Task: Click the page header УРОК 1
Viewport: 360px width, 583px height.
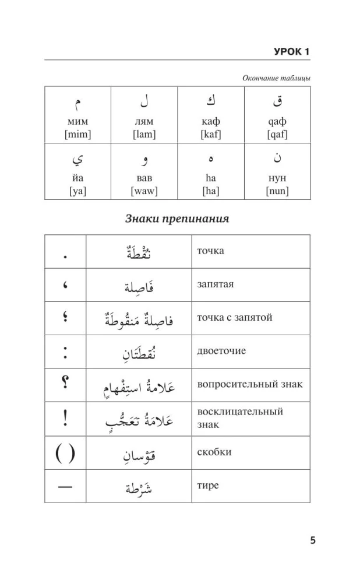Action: click(291, 52)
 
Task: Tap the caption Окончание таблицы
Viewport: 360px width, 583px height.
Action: click(276, 78)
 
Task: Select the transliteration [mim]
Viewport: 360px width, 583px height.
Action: click(78, 135)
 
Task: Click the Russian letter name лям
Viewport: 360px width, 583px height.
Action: click(144, 122)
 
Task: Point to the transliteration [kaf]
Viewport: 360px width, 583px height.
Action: click(211, 135)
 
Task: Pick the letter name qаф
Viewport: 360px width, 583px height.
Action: click(277, 122)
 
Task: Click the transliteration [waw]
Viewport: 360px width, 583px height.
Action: click(144, 191)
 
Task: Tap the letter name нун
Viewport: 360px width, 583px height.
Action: click(277, 178)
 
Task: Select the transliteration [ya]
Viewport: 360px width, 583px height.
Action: click(78, 191)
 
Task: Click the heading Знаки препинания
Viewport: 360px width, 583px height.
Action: click(177, 219)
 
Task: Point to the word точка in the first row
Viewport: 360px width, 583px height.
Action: click(210, 251)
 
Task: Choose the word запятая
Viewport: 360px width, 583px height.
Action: click(215, 284)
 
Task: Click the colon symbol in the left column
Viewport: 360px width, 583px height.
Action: click(65, 352)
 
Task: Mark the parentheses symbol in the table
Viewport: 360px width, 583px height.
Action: click(65, 452)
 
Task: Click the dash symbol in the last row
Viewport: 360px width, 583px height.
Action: click(65, 486)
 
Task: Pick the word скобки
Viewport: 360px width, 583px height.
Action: click(214, 452)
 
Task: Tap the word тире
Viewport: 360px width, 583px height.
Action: click(208, 485)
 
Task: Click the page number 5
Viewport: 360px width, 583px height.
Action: click(313, 540)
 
